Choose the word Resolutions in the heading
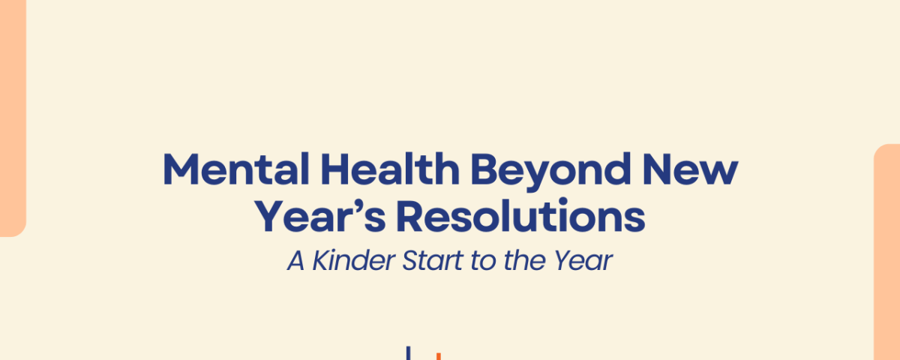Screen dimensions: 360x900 coord(520,217)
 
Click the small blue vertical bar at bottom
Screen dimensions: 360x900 coord(409,353)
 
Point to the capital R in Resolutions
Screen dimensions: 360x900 coord(411,217)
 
